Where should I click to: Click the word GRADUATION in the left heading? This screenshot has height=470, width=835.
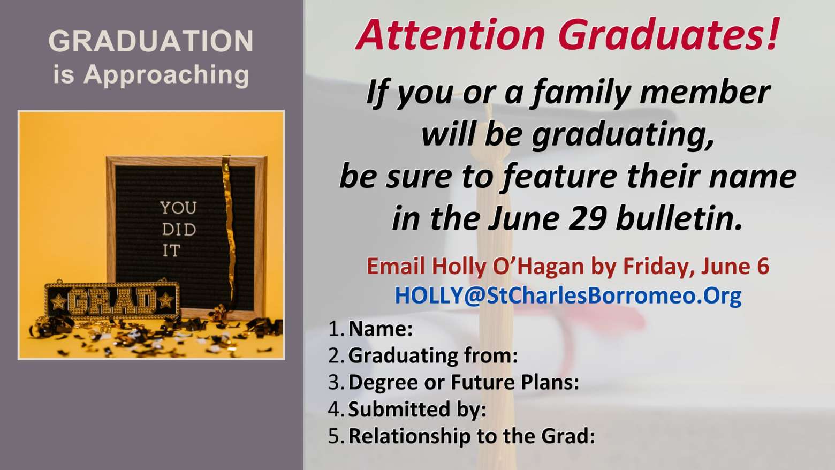pos(151,41)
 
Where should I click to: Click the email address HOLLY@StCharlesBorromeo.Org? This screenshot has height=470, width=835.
pos(568,295)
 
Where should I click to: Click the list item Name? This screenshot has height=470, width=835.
pos(381,329)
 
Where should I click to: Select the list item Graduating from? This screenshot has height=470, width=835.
pos(433,355)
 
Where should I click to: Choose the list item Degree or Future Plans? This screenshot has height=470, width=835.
pos(464,382)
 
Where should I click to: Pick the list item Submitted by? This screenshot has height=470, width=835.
pos(417,410)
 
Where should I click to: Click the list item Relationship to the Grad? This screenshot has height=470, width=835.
pos(472,436)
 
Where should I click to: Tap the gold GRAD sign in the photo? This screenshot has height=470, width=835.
pos(112,300)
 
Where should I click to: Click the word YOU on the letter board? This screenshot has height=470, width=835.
pos(178,208)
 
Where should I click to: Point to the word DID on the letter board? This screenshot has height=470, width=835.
pos(179,230)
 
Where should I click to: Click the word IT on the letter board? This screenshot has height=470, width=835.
pos(171,251)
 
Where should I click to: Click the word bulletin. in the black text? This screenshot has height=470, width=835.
pos(679,218)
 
